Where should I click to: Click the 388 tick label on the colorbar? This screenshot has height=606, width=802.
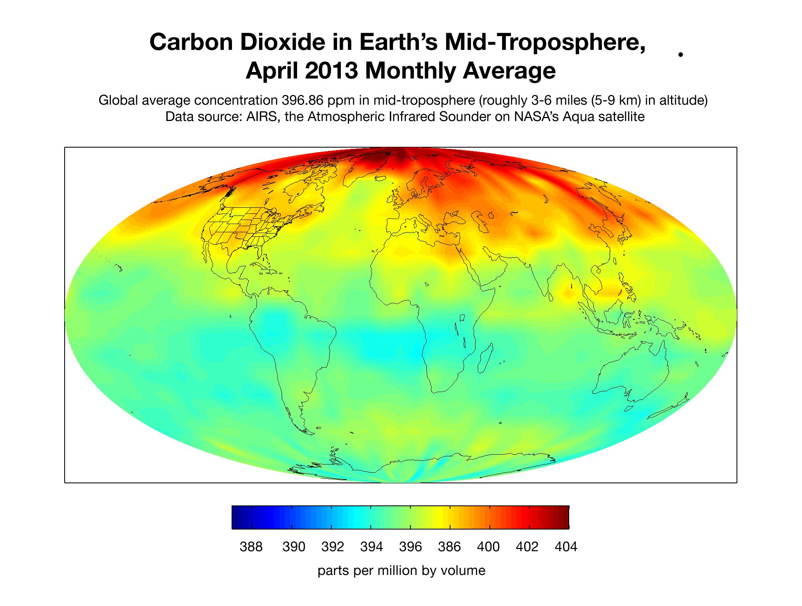click(251, 547)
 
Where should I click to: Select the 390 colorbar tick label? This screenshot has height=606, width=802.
click(294, 547)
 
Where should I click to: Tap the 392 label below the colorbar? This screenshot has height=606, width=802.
click(332, 547)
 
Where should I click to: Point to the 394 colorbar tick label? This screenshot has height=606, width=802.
click(371, 547)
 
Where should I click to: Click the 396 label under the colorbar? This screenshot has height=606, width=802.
click(410, 547)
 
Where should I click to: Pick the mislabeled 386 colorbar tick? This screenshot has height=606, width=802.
click(449, 547)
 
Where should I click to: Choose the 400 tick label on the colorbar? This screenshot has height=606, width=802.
click(488, 547)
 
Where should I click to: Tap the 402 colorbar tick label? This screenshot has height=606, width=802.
click(527, 547)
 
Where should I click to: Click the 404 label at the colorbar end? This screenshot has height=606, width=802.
click(566, 547)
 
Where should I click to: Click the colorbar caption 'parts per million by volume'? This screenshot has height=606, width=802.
click(401, 570)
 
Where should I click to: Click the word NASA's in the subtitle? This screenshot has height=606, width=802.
click(534, 117)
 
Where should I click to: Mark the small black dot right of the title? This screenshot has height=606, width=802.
click(680, 54)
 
